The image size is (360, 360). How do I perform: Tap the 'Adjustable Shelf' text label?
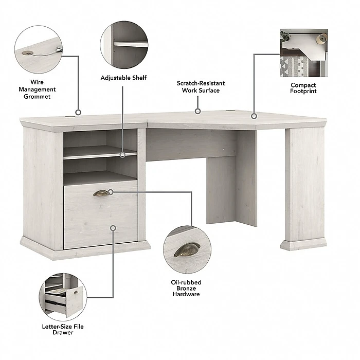123,78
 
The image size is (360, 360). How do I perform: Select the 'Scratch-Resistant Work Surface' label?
201,86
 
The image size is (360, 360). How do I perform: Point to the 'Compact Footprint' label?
303,88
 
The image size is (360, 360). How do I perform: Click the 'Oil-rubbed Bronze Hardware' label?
186,288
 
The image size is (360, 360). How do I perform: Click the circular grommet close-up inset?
39,49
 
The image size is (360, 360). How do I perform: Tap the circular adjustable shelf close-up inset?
124,44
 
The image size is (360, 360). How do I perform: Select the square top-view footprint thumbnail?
303,53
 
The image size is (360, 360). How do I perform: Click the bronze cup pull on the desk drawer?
101,193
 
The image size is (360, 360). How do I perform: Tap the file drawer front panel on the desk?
100,219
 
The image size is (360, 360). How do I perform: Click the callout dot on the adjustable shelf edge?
123,154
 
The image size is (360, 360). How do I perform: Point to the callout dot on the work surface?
197,111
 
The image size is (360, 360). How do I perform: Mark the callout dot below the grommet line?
78,112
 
